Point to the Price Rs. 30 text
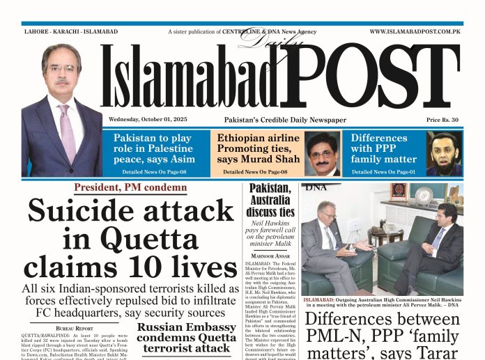click(x=442, y=120)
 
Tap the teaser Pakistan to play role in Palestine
click(x=154, y=148)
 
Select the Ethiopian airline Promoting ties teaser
click(x=259, y=148)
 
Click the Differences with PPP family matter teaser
click(x=384, y=148)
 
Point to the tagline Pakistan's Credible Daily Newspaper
click(x=285, y=120)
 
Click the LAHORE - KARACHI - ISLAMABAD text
click(x=61, y=31)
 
